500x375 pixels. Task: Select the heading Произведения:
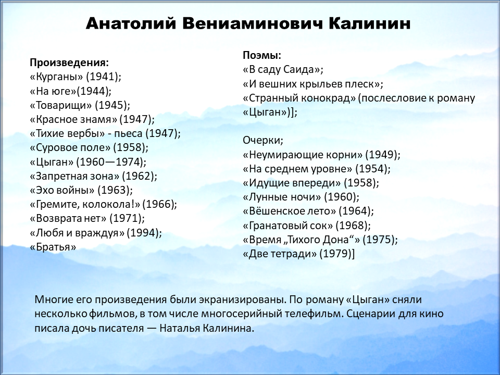point(69,63)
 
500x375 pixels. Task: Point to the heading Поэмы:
point(262,55)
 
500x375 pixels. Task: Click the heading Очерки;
point(262,140)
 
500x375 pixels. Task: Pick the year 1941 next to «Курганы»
point(102,77)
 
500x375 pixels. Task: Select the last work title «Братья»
point(53,247)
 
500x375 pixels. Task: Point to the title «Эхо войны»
point(62,190)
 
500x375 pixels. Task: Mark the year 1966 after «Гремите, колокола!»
point(158,204)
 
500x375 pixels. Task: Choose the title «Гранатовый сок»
point(287,226)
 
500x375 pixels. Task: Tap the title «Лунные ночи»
point(282,197)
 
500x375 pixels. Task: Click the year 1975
point(379,240)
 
